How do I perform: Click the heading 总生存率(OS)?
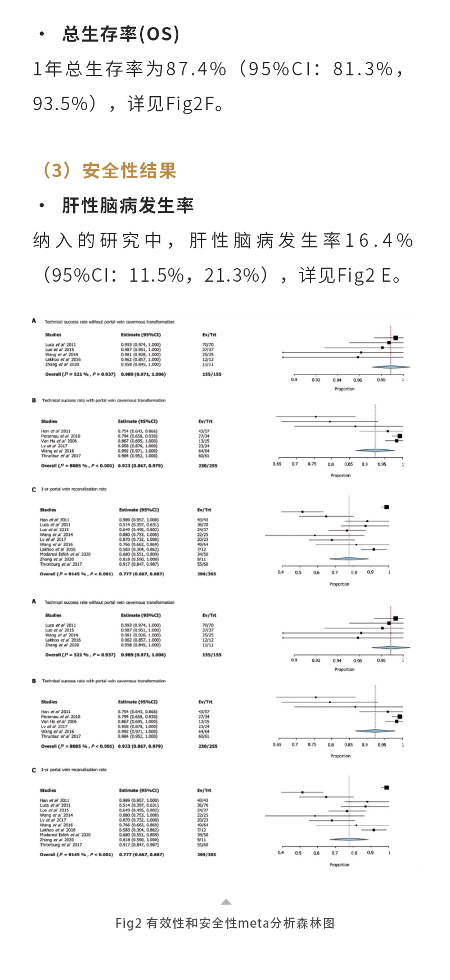click(120, 35)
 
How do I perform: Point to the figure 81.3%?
click(363, 69)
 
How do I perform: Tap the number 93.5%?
click(61, 104)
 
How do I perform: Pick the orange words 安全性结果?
click(129, 171)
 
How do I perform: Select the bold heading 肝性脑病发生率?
click(128, 206)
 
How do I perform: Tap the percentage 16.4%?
click(379, 241)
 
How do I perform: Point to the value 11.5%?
click(157, 276)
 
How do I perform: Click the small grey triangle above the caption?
click(226, 902)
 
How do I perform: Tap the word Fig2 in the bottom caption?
click(128, 923)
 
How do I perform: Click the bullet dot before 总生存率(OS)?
click(42, 35)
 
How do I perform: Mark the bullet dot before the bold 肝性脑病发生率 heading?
click(42, 206)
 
